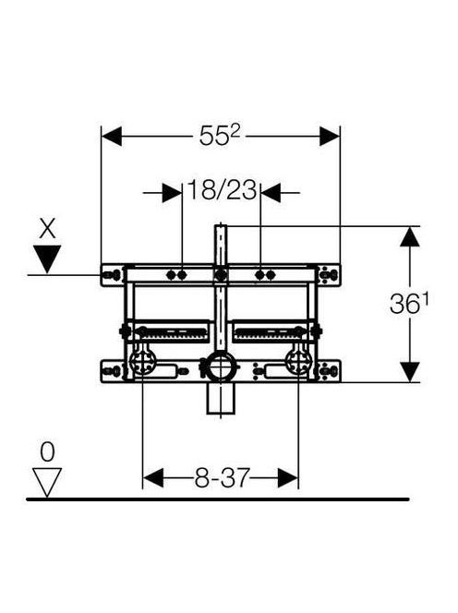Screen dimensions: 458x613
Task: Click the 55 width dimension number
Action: pyautogui.click(x=214, y=137)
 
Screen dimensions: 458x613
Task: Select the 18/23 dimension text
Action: pyautogui.click(x=223, y=190)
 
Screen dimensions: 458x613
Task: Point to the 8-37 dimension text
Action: pyautogui.click(x=222, y=477)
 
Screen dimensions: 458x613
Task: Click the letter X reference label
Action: pyautogui.click(x=47, y=229)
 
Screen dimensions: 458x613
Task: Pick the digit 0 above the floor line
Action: pyautogui.click(x=47, y=452)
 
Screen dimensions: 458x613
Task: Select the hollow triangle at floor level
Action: pyautogui.click(x=47, y=483)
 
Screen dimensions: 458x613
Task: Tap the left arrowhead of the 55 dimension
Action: pyautogui.click(x=112, y=136)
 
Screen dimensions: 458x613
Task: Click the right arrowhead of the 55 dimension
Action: pyautogui.click(x=330, y=136)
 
